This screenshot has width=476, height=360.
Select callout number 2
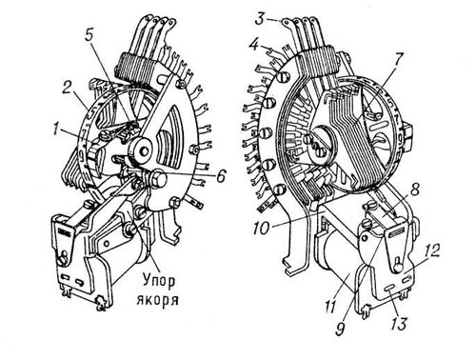68,88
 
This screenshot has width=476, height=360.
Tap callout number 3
260,19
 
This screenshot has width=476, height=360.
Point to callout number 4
253,45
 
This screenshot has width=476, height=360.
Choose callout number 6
221,175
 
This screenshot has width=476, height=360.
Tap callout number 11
330,307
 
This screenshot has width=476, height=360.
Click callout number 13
398,324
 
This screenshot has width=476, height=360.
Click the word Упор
157,281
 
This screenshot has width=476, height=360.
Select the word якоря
157,300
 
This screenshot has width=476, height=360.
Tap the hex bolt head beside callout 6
159,178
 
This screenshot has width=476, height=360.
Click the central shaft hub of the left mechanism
142,151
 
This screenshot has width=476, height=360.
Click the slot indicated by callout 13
388,287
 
